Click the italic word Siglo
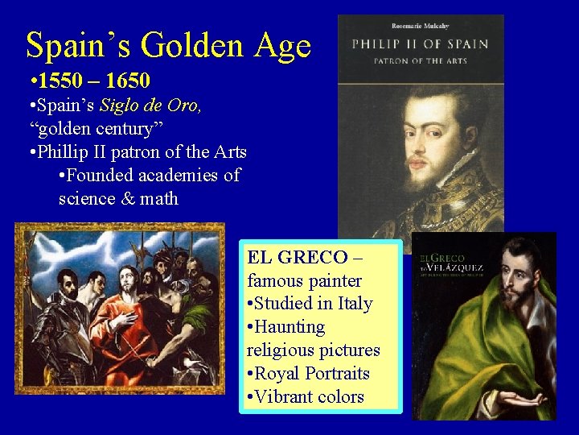coord(117,106)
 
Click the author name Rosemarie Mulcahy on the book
coord(421,24)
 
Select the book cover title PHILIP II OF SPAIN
coord(421,43)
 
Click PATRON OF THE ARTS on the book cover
coord(421,60)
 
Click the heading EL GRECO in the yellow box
coord(298,258)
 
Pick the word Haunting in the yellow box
coord(292,327)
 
